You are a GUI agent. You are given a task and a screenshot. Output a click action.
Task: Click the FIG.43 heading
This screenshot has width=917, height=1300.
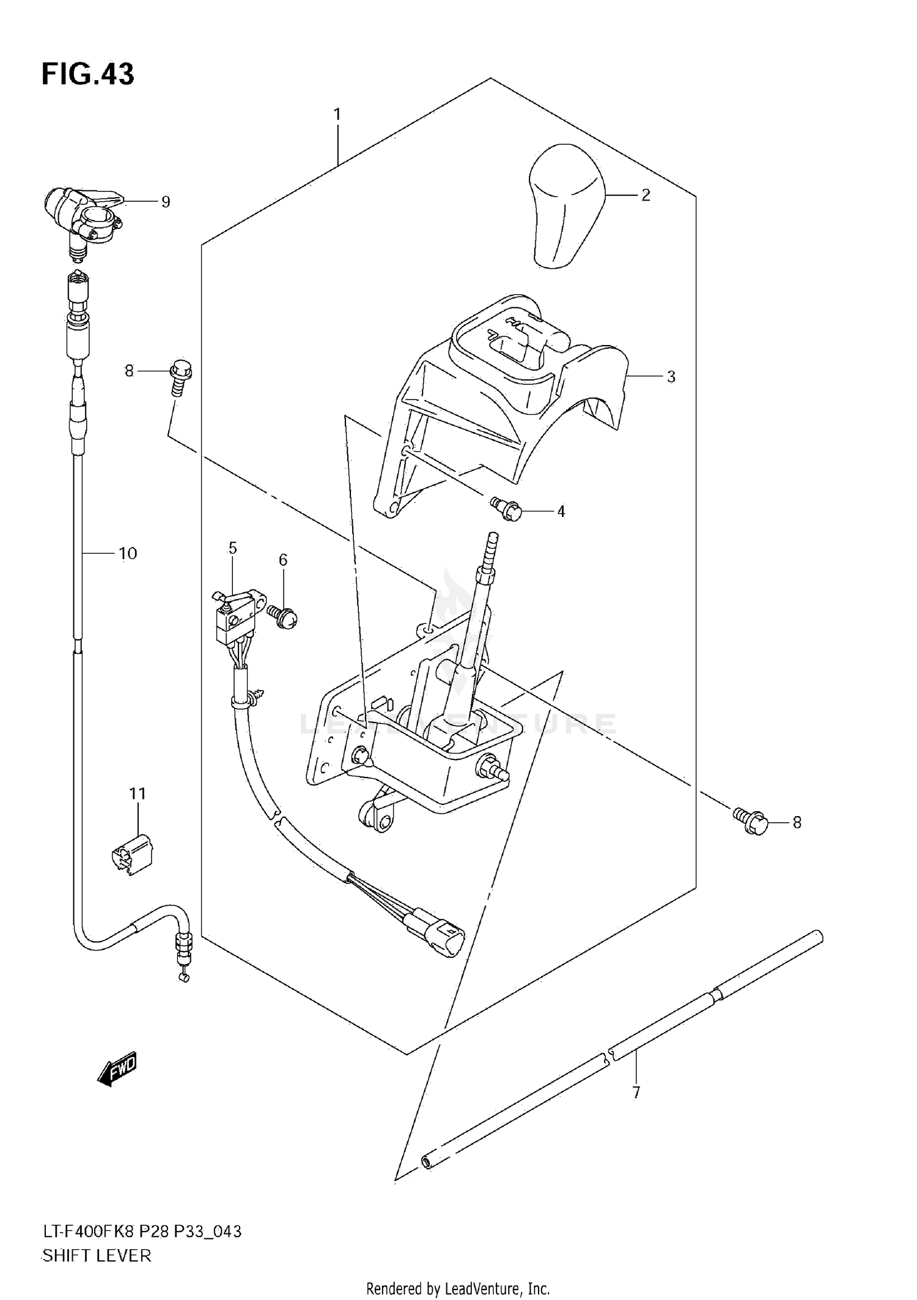pyautogui.click(x=87, y=74)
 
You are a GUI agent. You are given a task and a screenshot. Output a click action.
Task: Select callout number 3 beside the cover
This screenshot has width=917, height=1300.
pyautogui.click(x=671, y=377)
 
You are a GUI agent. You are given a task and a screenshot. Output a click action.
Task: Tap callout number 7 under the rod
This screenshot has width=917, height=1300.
pyautogui.click(x=636, y=1093)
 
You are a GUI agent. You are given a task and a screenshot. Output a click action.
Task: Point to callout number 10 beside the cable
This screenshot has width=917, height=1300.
pyautogui.click(x=128, y=554)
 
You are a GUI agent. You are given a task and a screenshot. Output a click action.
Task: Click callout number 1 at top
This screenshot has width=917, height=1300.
pyautogui.click(x=337, y=114)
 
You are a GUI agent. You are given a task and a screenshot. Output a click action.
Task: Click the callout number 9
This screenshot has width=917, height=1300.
pyautogui.click(x=166, y=202)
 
